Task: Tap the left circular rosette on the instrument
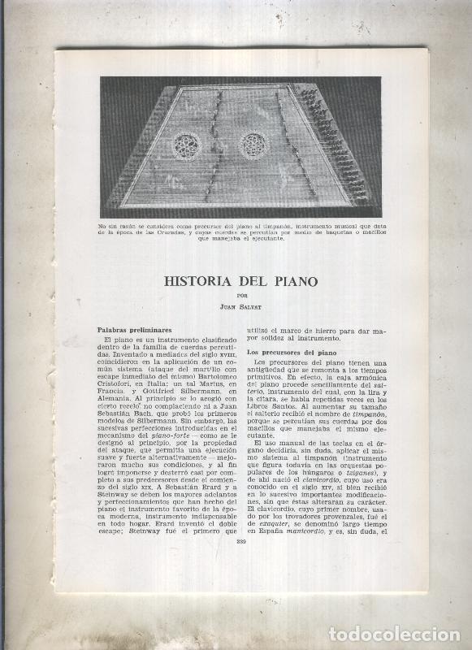click(x=187, y=145)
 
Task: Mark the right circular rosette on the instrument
click(x=253, y=146)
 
